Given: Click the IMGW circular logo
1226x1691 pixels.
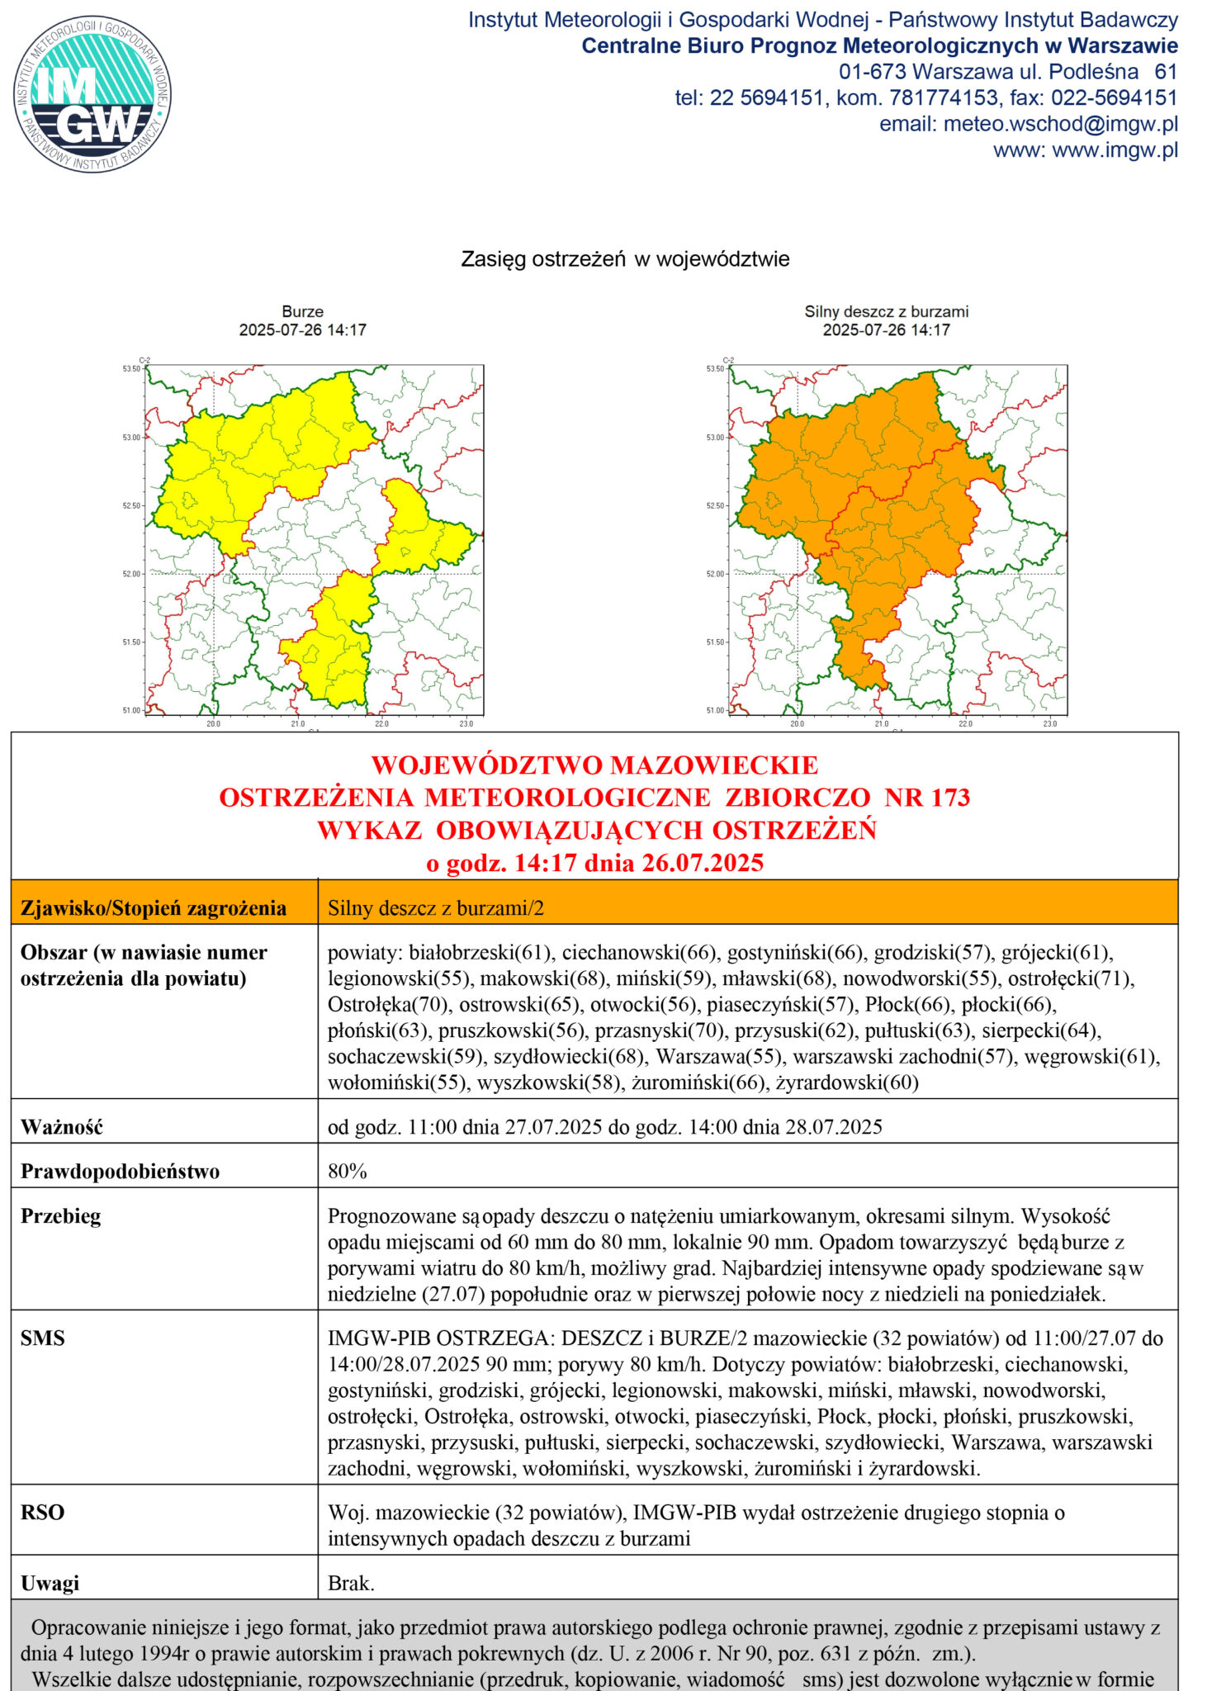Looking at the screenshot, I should [92, 94].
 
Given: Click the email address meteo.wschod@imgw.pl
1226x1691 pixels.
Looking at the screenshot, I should [1060, 124].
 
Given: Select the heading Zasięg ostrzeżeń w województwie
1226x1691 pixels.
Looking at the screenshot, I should [625, 259].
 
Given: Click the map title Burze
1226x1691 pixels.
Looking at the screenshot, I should [302, 311].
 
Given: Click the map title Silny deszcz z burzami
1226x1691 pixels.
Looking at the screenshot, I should [886, 311].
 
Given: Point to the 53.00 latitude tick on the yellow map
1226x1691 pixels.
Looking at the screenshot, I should [132, 438].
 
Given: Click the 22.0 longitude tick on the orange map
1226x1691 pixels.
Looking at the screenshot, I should [965, 724].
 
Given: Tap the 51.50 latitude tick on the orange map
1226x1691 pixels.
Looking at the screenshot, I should [715, 642].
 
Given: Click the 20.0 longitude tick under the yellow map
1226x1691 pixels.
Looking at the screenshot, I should [213, 724].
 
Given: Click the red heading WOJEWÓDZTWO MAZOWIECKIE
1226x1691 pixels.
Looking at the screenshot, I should [594, 765].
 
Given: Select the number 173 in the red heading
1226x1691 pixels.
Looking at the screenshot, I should [950, 798].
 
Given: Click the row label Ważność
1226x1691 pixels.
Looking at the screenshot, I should [62, 1127].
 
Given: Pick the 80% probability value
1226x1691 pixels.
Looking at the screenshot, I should [348, 1172].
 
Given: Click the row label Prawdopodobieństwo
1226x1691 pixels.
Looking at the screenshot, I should [120, 1172].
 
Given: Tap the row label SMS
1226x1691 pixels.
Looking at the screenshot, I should [42, 1338].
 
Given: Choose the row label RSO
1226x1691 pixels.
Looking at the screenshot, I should [42, 1513].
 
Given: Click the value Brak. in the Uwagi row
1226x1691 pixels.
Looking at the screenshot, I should [351, 1583].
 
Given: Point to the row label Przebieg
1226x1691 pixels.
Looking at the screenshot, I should [60, 1216].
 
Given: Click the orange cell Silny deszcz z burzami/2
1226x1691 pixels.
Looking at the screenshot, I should [436, 908].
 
